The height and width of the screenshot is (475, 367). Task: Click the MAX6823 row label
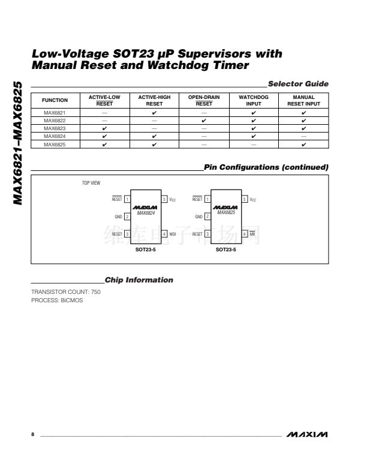click(x=55, y=128)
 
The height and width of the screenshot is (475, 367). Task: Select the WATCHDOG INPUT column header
click(x=254, y=100)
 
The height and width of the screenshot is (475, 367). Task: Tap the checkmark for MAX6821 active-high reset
click(x=155, y=113)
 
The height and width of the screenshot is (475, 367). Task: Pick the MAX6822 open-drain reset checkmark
click(x=204, y=121)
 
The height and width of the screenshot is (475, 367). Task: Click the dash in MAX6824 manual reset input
click(x=303, y=136)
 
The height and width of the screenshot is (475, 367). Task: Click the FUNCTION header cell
click(x=55, y=100)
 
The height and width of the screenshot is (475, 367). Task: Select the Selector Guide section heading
click(x=298, y=83)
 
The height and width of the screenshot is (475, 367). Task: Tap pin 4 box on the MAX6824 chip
click(x=164, y=234)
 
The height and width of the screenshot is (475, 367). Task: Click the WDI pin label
click(x=173, y=234)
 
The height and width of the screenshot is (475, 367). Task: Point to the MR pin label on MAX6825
click(x=252, y=234)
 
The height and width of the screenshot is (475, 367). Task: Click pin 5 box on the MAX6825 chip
click(x=244, y=199)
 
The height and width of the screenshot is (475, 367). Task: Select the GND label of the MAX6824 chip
click(x=118, y=216)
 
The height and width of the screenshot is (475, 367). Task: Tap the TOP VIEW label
click(x=91, y=182)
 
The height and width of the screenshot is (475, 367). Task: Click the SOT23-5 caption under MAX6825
click(x=226, y=248)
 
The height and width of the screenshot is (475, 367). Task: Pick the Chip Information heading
click(x=139, y=280)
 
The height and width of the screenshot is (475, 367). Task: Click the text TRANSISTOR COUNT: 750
click(x=66, y=292)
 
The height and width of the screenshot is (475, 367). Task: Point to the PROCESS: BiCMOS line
click(x=57, y=300)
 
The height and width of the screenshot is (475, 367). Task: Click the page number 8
click(x=33, y=434)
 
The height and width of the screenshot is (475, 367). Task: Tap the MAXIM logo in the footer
click(x=307, y=434)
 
